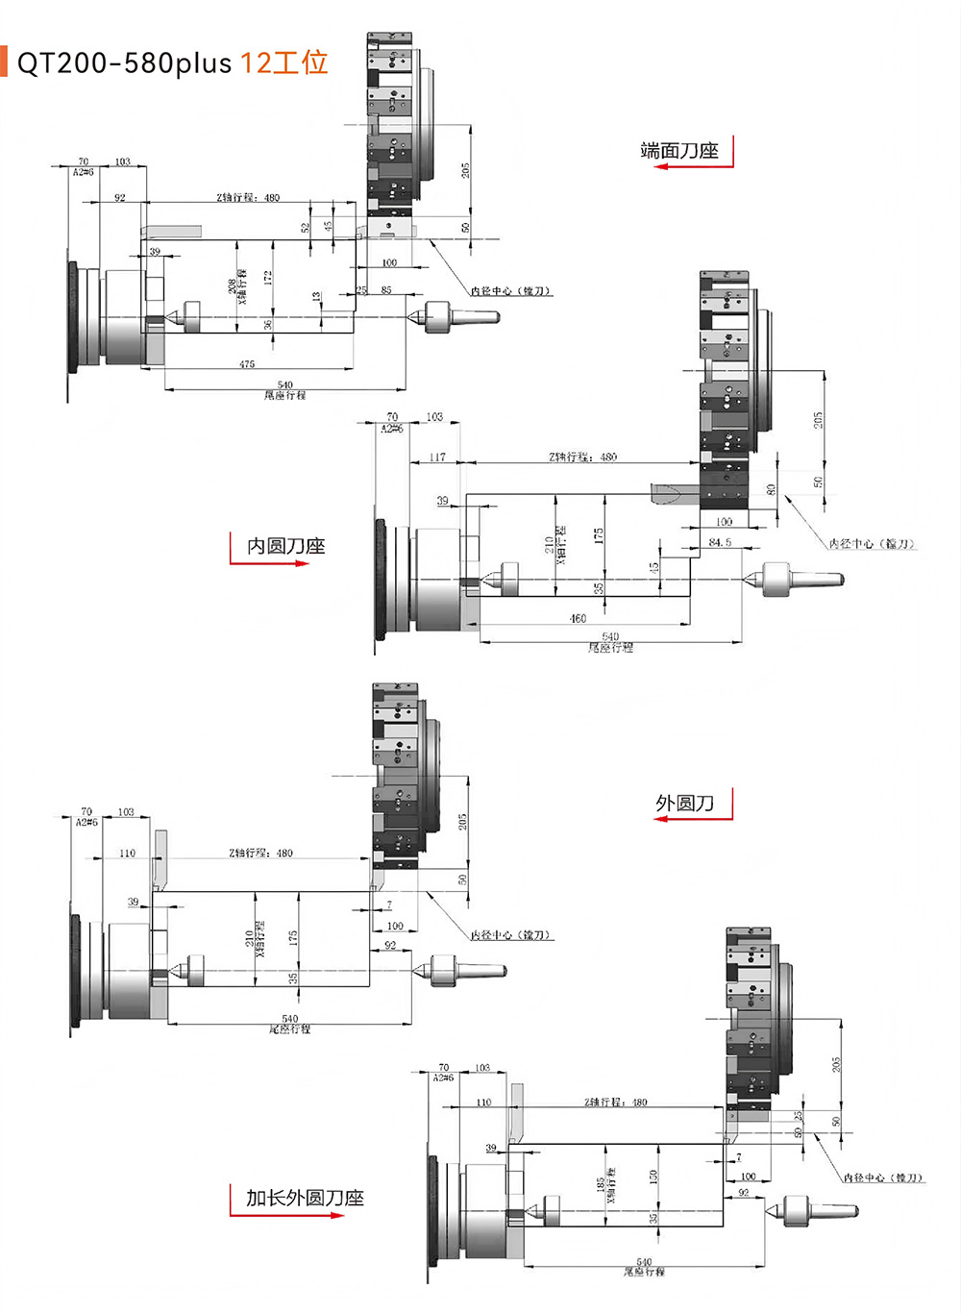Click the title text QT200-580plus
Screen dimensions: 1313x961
pyautogui.click(x=125, y=63)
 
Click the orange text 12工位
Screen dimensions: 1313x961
pyautogui.click(x=284, y=63)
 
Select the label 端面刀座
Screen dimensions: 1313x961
pyautogui.click(x=679, y=151)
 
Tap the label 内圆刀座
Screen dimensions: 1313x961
pyautogui.click(x=285, y=546)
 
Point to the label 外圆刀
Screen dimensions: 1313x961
pyautogui.click(x=684, y=804)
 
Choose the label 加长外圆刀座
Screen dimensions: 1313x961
pyautogui.click(x=305, y=1198)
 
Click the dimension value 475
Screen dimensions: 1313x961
pyautogui.click(x=247, y=364)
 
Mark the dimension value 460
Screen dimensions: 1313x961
pyautogui.click(x=578, y=618)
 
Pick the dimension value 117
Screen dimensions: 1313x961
pyautogui.click(x=437, y=457)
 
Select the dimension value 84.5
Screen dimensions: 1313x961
pyautogui.click(x=720, y=542)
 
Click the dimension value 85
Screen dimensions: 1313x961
pyautogui.click(x=386, y=289)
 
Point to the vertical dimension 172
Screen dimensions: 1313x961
pyautogui.click(x=269, y=277)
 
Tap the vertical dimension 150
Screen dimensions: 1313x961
pyautogui.click(x=653, y=1176)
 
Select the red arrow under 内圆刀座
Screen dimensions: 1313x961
pyautogui.click(x=270, y=563)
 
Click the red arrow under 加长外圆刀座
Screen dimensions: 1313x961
pyautogui.click(x=288, y=1215)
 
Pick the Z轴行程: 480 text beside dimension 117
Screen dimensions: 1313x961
pyautogui.click(x=582, y=457)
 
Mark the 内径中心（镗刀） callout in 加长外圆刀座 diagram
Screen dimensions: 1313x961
pyautogui.click(x=883, y=1177)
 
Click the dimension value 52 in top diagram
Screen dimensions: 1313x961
pyautogui.click(x=306, y=228)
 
